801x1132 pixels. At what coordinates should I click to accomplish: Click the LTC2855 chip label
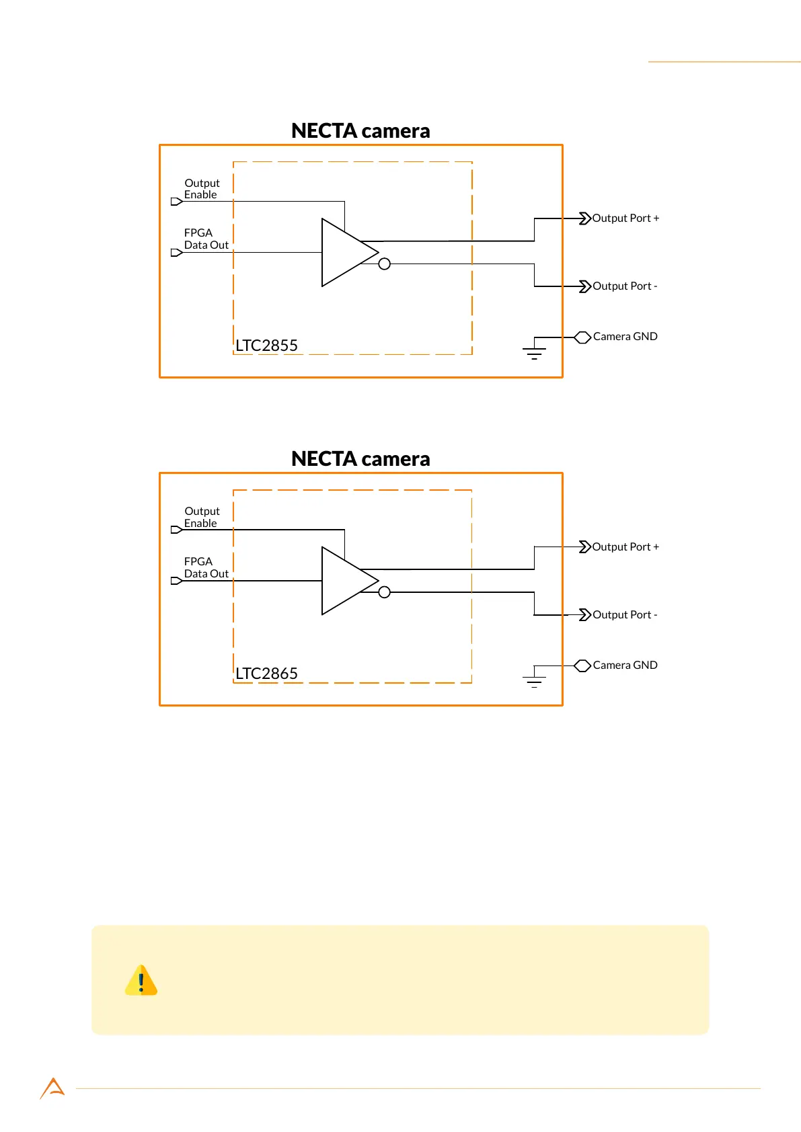(266, 346)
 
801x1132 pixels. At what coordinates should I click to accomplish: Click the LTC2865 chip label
(266, 674)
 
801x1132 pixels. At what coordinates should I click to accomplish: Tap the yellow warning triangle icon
(141, 981)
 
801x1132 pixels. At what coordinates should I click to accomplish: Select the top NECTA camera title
(360, 130)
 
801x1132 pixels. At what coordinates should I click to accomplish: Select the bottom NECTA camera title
(360, 458)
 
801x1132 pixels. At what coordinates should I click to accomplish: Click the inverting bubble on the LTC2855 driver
(385, 264)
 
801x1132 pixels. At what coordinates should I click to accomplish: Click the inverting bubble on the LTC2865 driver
(385, 592)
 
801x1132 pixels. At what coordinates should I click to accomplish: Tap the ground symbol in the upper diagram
(534, 352)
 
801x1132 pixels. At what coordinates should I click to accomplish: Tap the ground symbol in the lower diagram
(534, 680)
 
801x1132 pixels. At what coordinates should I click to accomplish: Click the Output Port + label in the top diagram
(625, 218)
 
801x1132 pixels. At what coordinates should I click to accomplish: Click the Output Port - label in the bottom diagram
(625, 615)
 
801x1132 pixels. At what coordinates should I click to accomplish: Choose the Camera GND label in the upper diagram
(625, 337)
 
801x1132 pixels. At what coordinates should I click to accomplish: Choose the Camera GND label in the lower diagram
(625, 665)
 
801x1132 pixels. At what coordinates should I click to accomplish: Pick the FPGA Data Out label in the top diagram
(206, 239)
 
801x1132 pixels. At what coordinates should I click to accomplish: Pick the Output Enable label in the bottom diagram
(202, 518)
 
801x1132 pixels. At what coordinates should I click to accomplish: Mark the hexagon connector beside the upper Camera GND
(582, 337)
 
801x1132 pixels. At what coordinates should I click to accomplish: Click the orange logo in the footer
(52, 1088)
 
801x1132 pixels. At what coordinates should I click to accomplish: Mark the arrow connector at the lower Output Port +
(584, 547)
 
